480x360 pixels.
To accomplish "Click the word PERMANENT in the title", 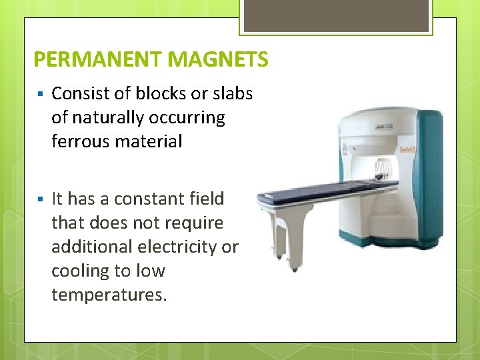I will point(98,60).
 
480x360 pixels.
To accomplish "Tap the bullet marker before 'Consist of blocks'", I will point(41,93).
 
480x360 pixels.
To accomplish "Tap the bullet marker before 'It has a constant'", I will point(41,199).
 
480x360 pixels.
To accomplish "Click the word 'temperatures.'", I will point(109,295).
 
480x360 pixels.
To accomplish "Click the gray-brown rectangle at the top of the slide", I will point(336,16).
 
